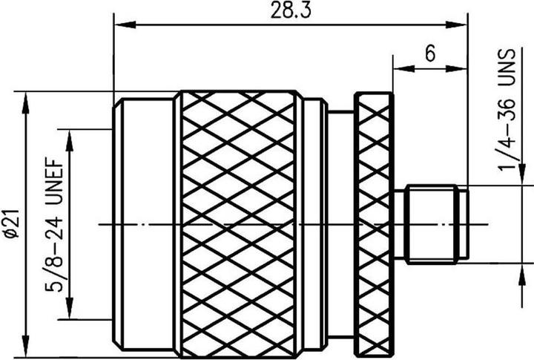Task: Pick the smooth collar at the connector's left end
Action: (145, 223)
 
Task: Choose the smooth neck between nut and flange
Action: (340, 223)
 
